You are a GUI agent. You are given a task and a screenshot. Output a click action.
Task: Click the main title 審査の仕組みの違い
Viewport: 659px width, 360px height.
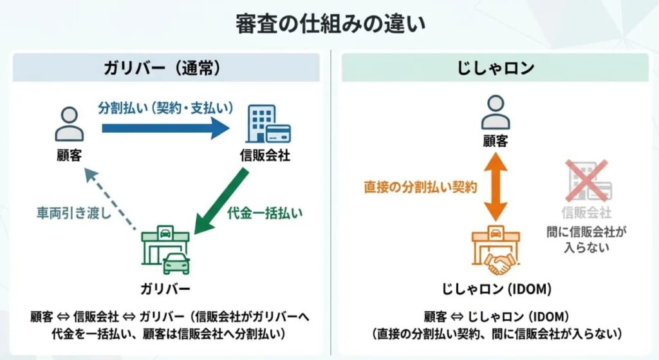click(x=329, y=24)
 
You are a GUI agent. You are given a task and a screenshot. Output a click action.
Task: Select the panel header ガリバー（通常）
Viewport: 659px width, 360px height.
click(x=166, y=68)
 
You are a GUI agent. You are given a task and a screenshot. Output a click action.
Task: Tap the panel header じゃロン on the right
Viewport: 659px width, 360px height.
click(x=495, y=68)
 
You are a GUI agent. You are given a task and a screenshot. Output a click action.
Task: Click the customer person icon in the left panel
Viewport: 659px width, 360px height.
click(x=69, y=125)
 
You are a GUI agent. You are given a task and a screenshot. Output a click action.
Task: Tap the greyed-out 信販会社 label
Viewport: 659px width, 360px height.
click(x=586, y=213)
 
